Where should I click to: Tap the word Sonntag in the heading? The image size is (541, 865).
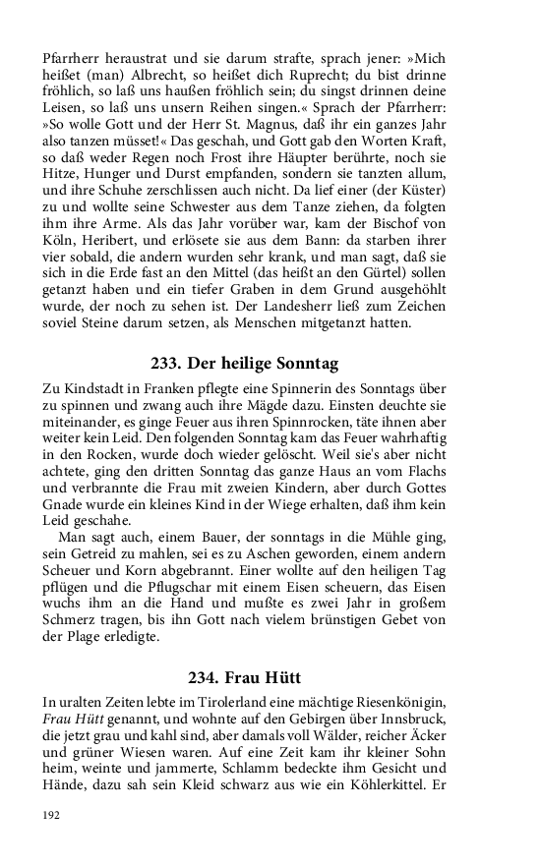pyautogui.click(x=303, y=365)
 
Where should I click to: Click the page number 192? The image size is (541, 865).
pyautogui.click(x=51, y=814)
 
